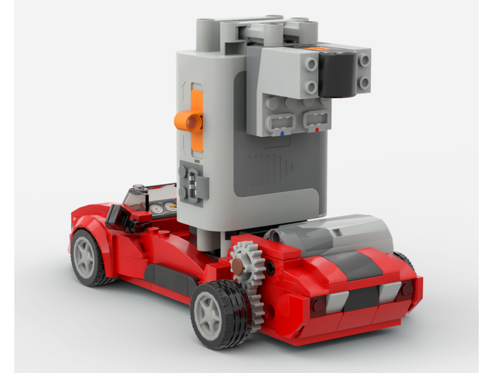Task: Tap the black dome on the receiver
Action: (x=337, y=74)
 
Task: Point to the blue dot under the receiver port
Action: (x=282, y=133)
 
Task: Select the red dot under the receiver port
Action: (x=317, y=130)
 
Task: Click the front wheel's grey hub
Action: (x=85, y=260)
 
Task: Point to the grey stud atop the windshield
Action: (x=140, y=188)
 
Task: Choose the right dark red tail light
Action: (x=404, y=291)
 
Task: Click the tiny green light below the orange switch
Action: (x=197, y=161)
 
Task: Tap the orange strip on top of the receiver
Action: (x=319, y=49)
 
